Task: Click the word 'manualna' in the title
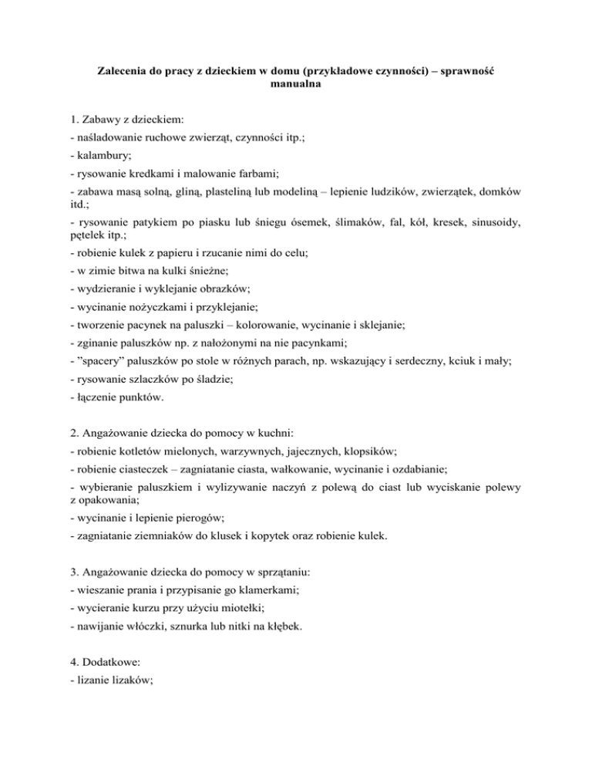tap(296, 86)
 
